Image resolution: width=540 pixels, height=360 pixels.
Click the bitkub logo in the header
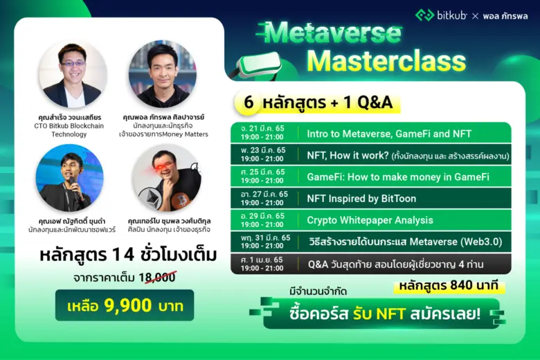coord(441,15)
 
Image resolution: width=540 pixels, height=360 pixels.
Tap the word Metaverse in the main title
coord(333,32)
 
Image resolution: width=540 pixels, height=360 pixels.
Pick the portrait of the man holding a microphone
coord(69,178)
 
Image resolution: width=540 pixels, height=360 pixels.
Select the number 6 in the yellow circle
coord(247,102)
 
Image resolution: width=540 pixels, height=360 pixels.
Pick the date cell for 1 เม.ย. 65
coord(263,264)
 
